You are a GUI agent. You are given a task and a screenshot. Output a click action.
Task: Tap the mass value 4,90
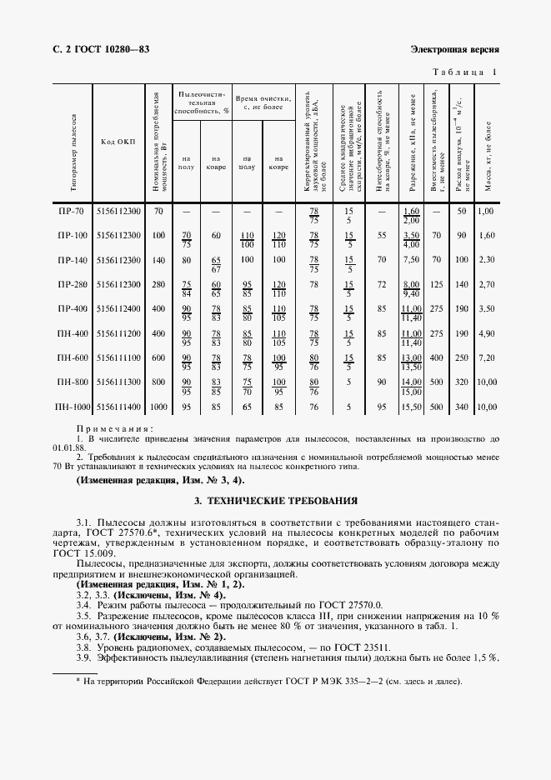point(486,333)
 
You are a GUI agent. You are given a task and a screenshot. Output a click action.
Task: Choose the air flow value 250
point(461,357)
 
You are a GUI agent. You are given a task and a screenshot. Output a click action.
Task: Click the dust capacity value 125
point(435,285)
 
